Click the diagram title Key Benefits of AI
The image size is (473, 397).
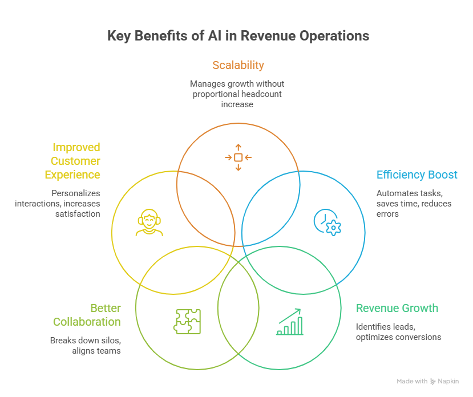point(238,36)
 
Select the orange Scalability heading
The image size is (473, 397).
point(238,65)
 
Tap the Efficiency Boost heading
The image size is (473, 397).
point(417,175)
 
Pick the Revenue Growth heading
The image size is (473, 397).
point(397,309)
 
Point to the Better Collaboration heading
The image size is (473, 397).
point(87,315)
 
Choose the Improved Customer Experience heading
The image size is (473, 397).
point(75,161)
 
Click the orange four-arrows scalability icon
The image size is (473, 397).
point(238,157)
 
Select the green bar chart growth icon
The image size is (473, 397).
point(290,322)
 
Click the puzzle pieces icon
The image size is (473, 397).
point(187,321)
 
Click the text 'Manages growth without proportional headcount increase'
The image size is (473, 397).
point(237,94)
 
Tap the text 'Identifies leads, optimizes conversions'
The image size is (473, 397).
point(398,331)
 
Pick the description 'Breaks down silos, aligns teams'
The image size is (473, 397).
point(86,345)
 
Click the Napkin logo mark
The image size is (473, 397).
point(434,382)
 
